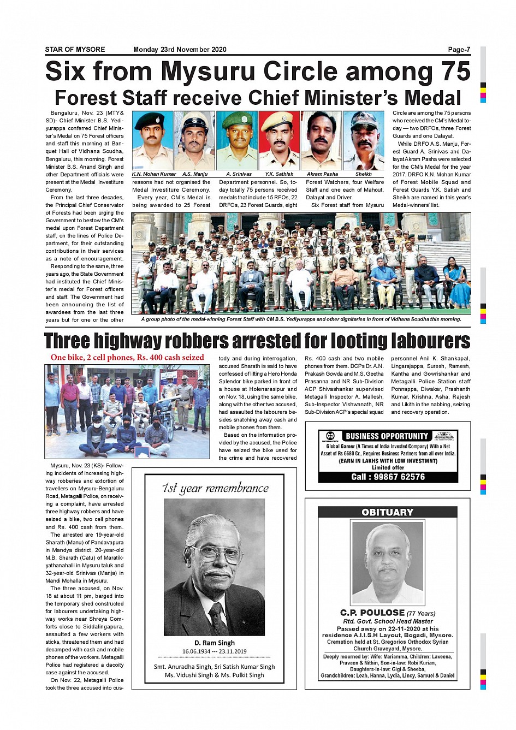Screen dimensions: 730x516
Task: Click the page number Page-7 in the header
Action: point(459,50)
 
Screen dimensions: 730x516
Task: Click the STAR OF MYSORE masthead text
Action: point(75,50)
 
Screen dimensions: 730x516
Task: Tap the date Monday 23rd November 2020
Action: point(179,50)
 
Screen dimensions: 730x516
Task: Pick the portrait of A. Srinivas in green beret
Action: point(237,140)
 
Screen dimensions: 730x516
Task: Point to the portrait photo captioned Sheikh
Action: point(364,140)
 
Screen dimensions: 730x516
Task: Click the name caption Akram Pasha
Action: point(322,174)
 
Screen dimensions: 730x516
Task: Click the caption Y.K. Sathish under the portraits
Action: point(279,174)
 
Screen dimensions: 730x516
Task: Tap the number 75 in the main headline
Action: point(449,72)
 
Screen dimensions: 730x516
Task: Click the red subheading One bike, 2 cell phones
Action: point(127,358)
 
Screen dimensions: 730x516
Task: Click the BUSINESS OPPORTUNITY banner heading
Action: point(387,436)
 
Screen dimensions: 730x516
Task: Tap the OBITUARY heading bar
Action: point(387,512)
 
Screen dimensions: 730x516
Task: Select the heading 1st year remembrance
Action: point(215,488)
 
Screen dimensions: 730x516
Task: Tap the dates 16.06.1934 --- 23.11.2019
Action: point(215,651)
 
